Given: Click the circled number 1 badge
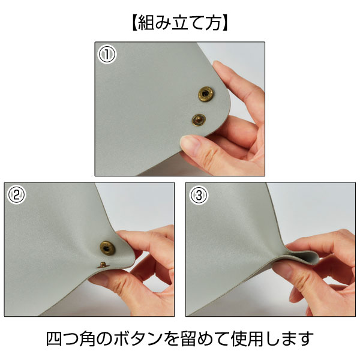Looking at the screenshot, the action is (x=107, y=55).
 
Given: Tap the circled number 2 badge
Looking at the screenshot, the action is (x=17, y=195).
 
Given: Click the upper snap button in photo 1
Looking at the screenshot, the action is (x=206, y=94).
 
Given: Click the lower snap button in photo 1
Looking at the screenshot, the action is (x=199, y=120).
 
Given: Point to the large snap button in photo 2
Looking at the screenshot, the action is (x=107, y=247).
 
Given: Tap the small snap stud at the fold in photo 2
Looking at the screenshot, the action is (x=102, y=265).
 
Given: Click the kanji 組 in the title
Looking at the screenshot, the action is (x=146, y=23).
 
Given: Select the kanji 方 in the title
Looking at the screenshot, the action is (x=214, y=23).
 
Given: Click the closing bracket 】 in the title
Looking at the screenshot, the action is (x=226, y=23).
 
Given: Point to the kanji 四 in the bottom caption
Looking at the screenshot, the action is (x=54, y=338).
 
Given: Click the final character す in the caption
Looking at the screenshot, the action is (x=305, y=339).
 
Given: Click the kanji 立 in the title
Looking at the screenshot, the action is (x=180, y=23).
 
